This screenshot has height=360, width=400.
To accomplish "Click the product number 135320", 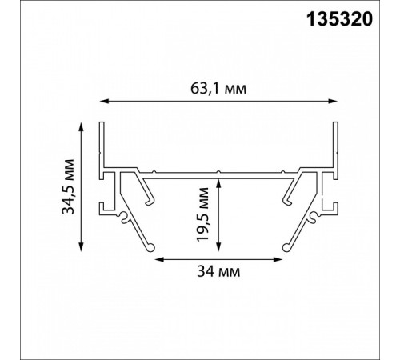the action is (339, 19).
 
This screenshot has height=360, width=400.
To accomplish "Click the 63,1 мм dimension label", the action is (218, 89).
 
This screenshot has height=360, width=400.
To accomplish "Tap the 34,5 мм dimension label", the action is (68, 186).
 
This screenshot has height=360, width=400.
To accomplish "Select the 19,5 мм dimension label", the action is (202, 214).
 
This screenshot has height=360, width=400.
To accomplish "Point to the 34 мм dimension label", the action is (218, 272).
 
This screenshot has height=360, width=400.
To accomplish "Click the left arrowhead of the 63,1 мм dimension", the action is (104, 101).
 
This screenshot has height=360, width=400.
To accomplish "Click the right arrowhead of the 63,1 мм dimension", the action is (333, 101).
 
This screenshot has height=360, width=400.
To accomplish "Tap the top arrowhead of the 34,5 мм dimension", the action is (82, 127).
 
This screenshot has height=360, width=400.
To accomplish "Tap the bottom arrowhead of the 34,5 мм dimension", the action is (82, 246).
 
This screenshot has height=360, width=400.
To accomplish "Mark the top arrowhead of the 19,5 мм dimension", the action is (218, 184).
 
